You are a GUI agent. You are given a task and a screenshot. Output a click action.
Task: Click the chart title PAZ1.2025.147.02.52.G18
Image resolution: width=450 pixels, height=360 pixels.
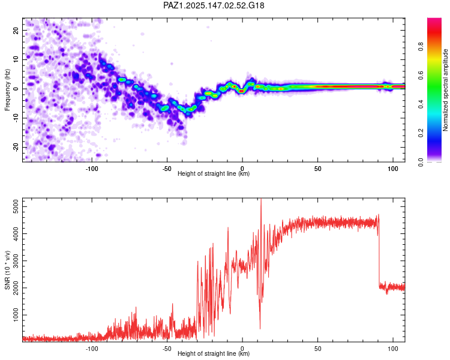tap(214, 5)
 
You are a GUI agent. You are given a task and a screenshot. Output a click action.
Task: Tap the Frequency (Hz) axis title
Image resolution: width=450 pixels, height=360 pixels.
tap(7, 90)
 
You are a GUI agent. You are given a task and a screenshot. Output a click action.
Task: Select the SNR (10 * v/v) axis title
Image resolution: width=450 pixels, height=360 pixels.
tap(7, 270)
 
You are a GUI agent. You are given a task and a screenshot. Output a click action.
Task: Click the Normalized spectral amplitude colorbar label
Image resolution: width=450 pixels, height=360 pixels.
tap(445, 90)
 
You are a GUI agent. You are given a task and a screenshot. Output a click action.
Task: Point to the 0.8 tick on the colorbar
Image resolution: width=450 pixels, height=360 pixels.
tap(421, 46)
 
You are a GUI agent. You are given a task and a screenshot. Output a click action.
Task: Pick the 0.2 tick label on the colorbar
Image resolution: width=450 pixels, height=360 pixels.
tap(421, 133)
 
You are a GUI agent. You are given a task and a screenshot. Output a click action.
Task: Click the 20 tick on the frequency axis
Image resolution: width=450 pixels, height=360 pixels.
tap(16, 30)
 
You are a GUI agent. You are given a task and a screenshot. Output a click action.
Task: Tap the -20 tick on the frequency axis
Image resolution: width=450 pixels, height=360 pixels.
tap(16, 148)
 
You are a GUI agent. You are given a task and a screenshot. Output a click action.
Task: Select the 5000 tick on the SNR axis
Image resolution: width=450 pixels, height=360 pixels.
tap(16, 206)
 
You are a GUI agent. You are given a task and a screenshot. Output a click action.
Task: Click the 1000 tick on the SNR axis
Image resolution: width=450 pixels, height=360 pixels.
tap(16, 315)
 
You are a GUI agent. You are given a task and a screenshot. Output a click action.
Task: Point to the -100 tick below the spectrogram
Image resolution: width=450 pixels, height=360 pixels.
tap(92, 169)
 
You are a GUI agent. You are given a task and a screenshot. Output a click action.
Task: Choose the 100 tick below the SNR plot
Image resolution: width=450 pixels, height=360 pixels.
tap(393, 349)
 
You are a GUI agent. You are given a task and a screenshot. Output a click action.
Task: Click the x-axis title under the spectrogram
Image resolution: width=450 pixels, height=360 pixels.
tap(214, 173)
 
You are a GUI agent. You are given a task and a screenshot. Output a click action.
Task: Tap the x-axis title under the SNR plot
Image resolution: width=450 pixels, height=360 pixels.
tap(214, 353)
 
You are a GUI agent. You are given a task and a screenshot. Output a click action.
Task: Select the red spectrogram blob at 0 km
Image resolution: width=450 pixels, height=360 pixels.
tap(242, 91)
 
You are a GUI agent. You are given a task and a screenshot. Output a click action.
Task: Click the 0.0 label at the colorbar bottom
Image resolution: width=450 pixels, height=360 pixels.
tap(421, 163)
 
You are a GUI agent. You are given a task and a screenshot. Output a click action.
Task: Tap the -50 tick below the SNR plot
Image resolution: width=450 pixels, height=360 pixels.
tap(167, 349)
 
